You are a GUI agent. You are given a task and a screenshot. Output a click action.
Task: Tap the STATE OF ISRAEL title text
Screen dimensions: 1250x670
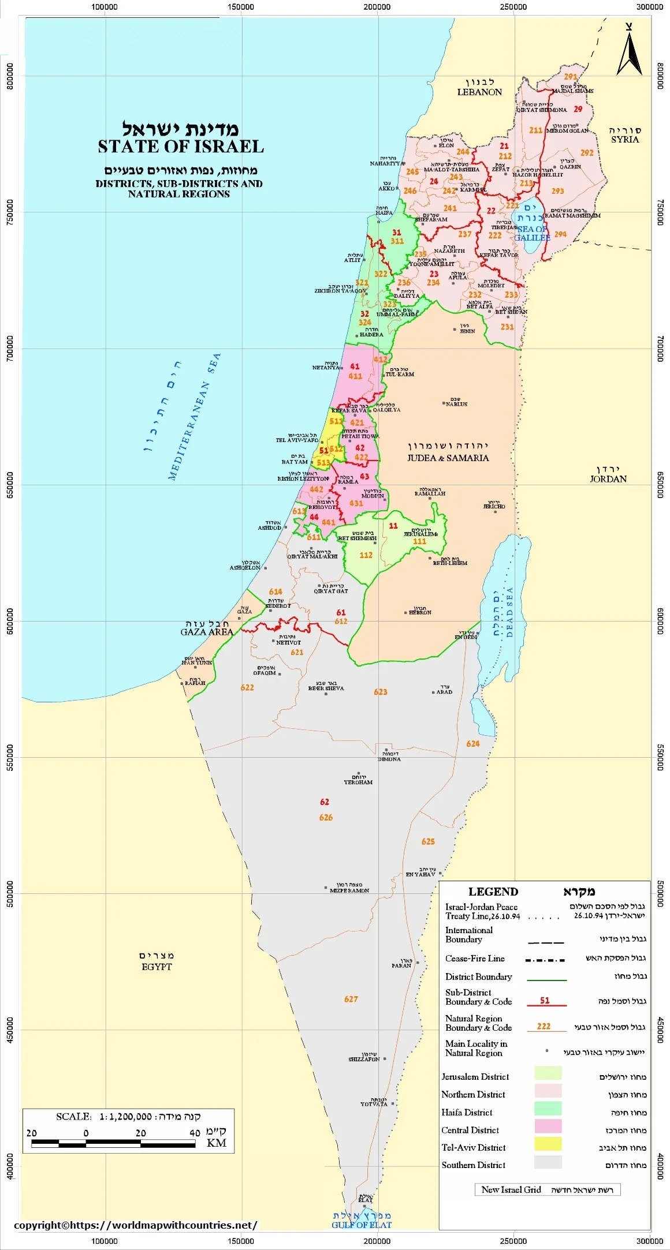(x=180, y=147)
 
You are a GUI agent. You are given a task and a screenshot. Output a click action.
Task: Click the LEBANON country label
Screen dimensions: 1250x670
(x=479, y=92)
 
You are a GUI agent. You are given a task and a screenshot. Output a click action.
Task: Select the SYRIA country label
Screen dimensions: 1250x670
(x=625, y=139)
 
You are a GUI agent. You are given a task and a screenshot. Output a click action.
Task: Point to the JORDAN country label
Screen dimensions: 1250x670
(x=608, y=478)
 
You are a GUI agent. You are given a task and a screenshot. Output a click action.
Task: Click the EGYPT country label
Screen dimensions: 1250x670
(x=157, y=967)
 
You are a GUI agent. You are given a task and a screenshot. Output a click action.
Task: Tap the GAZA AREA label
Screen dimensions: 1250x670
(x=207, y=632)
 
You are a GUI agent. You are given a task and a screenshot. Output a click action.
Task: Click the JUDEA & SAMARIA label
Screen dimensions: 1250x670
(x=448, y=458)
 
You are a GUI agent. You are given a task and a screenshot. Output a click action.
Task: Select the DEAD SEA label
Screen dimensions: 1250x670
(x=509, y=612)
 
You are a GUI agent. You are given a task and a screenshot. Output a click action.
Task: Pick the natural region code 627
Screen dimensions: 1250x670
(x=351, y=999)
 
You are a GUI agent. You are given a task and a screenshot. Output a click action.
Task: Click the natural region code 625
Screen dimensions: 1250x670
(x=428, y=841)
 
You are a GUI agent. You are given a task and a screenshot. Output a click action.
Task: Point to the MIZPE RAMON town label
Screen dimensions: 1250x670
(x=349, y=890)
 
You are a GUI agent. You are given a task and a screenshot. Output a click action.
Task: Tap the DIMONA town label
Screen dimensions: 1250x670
(x=389, y=759)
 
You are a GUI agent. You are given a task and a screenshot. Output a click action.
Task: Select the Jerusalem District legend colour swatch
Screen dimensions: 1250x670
(x=548, y=1073)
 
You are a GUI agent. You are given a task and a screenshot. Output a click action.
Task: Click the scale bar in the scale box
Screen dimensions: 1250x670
(x=113, y=1143)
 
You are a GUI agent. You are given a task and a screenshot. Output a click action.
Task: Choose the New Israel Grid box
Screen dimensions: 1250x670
(x=547, y=1189)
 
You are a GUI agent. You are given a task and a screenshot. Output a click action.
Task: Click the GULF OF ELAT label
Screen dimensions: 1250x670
(x=362, y=1225)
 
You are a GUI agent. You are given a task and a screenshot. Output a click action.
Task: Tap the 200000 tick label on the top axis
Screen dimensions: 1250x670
(x=377, y=7)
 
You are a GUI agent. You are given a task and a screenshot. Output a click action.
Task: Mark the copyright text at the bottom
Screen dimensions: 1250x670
(x=135, y=1225)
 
